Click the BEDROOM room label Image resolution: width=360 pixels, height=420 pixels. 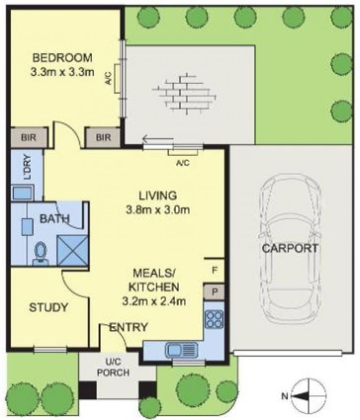62,58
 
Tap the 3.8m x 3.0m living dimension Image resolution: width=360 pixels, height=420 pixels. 158,209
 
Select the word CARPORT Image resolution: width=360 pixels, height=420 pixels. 290,248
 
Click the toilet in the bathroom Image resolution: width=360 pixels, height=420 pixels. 40,253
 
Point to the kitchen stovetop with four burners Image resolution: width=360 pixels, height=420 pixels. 214,319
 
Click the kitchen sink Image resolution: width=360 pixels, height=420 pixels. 182,350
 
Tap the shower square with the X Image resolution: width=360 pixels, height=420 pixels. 73,250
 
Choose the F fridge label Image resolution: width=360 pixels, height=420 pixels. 214,270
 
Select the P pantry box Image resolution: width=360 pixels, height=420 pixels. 214,292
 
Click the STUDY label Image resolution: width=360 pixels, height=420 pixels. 49,307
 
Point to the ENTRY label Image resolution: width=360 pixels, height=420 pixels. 129,327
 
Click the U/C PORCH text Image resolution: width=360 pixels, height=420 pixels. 113,367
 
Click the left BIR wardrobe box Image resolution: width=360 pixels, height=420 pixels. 29,137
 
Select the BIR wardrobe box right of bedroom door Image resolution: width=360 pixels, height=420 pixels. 103,137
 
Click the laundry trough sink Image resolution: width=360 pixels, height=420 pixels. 23,192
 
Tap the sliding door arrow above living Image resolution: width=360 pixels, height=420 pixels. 158,139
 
